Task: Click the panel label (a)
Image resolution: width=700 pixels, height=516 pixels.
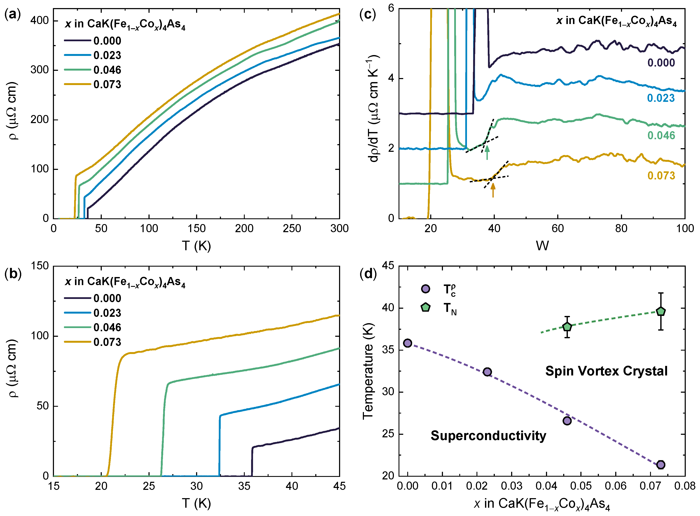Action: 13,14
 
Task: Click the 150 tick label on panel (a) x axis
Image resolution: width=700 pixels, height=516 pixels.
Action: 196,229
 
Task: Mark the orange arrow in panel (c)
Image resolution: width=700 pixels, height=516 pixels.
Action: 493,190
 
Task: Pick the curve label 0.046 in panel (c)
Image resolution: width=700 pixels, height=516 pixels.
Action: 661,136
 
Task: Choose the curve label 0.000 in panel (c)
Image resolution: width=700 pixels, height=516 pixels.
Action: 661,63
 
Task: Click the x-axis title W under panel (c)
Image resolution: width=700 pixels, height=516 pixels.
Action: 542,246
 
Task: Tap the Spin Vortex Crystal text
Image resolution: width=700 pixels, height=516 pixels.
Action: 606,371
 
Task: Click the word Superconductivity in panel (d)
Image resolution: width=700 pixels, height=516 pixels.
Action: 488,435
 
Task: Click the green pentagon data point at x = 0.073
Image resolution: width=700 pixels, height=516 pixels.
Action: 661,311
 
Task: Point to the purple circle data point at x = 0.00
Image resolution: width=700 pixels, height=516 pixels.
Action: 408,343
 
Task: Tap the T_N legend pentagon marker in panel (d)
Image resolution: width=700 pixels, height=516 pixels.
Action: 426,307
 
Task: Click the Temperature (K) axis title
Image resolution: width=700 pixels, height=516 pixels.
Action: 368,371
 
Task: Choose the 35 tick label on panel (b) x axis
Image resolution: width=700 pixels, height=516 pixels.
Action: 244,486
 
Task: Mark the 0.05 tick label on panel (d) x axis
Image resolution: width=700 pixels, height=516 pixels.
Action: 581,486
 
